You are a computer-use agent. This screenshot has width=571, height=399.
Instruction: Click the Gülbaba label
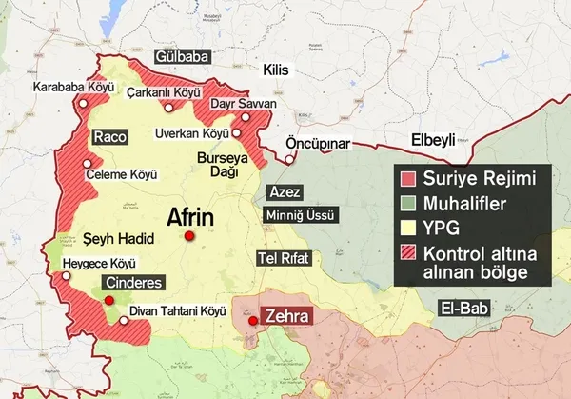178,57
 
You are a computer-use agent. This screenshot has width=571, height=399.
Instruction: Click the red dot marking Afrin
189,236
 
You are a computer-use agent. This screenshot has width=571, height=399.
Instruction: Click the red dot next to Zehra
252,321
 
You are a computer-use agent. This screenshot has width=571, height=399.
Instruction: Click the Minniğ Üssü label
300,215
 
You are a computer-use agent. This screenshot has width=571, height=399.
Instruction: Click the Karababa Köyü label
67,87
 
